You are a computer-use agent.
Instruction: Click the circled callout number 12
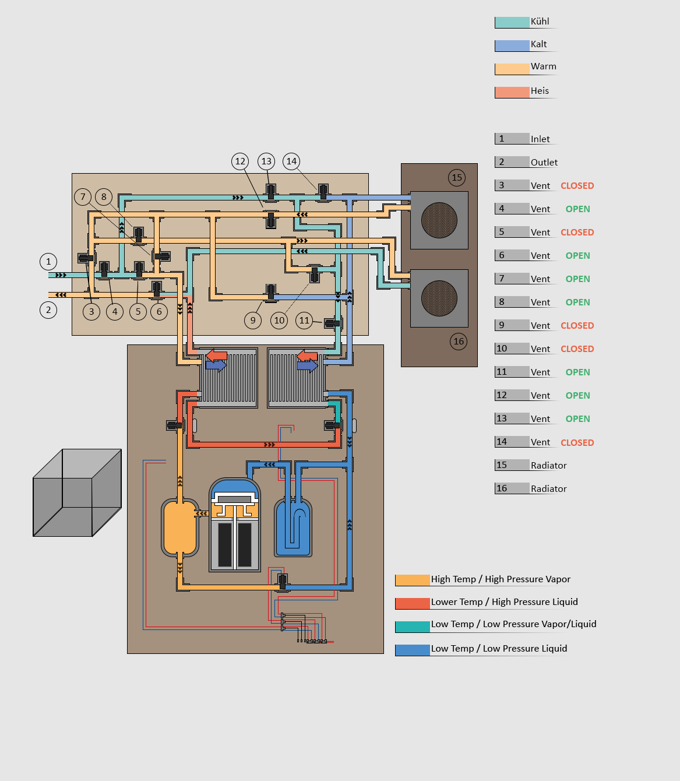coord(240,161)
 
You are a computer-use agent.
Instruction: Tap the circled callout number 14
coord(291,161)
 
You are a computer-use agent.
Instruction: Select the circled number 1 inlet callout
coord(48,262)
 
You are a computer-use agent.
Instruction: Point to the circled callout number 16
coord(459,342)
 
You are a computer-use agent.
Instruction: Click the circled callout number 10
coord(279,320)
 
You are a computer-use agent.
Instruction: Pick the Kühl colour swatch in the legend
coord(512,23)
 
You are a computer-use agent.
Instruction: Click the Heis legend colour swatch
coord(512,92)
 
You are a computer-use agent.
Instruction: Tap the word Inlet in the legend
coord(540,139)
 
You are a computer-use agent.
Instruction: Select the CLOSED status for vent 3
coord(577,186)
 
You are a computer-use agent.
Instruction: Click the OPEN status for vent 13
coord(577,419)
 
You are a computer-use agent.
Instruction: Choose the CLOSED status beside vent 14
coord(577,443)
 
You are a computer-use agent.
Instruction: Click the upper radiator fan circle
coord(439,220)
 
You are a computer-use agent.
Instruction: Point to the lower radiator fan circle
coord(439,298)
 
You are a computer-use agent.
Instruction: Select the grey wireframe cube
coord(77,492)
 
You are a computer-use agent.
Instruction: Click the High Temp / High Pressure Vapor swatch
coord(412,580)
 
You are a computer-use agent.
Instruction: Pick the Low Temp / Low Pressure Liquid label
coord(499,649)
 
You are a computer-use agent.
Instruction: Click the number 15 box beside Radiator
coord(512,465)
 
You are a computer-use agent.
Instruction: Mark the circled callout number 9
coord(253,320)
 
